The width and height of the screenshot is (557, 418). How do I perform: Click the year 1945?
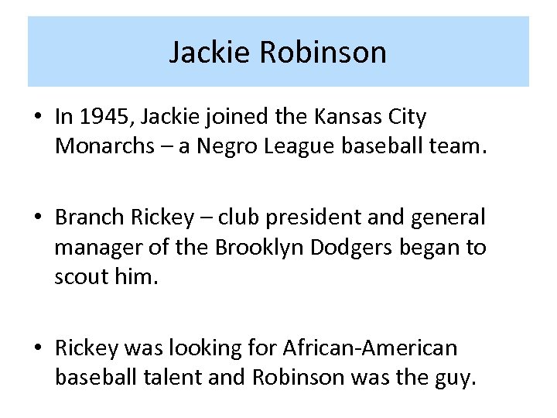pyautogui.click(x=104, y=118)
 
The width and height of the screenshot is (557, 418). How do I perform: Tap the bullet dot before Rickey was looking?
pyautogui.click(x=38, y=348)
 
